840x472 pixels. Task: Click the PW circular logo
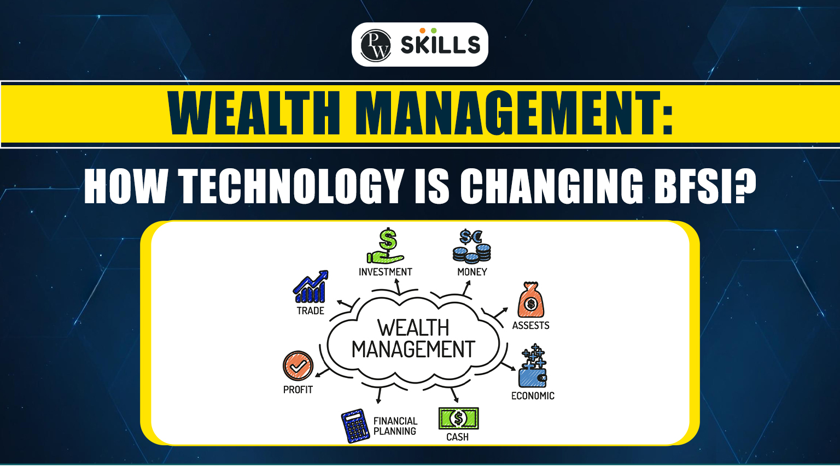coord(376,45)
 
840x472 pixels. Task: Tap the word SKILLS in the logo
coord(440,45)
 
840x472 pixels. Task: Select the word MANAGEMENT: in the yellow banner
coord(517,114)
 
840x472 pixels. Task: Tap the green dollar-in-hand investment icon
coord(386,246)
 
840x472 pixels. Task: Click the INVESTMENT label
coord(386,272)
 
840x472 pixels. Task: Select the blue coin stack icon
coord(471,246)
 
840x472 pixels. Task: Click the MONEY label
coord(472,272)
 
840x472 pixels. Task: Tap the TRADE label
coord(311,311)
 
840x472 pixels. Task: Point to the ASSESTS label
coord(530,326)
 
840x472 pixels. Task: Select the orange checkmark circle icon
coord(298,365)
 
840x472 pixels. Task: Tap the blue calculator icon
coord(355,426)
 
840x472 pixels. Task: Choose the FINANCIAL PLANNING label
coord(395,426)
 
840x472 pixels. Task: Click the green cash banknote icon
coord(458,418)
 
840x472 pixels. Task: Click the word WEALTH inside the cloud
coord(413,328)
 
